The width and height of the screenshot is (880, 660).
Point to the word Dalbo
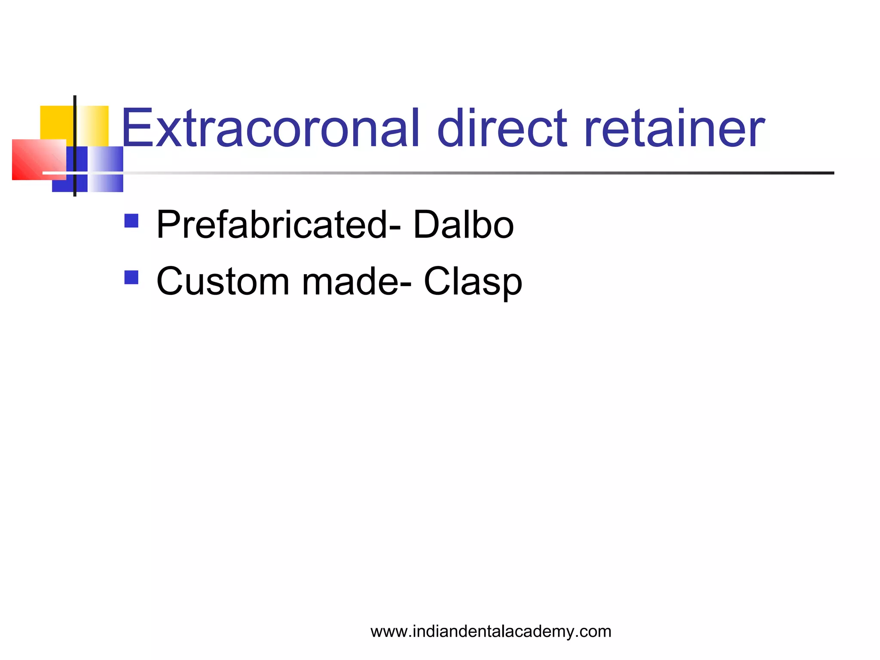point(463,225)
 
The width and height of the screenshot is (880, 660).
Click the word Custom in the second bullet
point(223,281)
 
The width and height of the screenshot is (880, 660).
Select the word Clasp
point(473,282)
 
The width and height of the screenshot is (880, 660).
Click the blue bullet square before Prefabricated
point(131,221)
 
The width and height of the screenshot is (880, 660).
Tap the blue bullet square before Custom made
point(131,277)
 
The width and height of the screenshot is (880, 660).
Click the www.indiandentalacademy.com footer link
point(491,631)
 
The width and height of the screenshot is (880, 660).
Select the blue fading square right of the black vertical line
point(105,168)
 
